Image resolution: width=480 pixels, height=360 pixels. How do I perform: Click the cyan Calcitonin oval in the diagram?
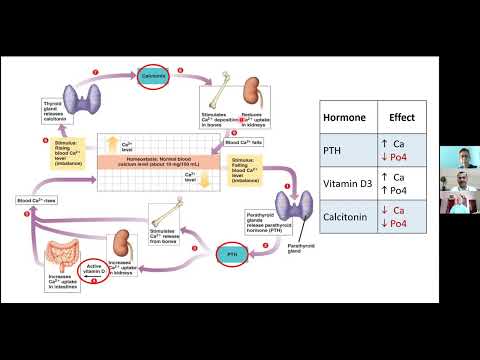click(153, 75)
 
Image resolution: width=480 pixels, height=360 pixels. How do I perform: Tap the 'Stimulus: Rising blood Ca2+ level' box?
click(71, 156)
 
